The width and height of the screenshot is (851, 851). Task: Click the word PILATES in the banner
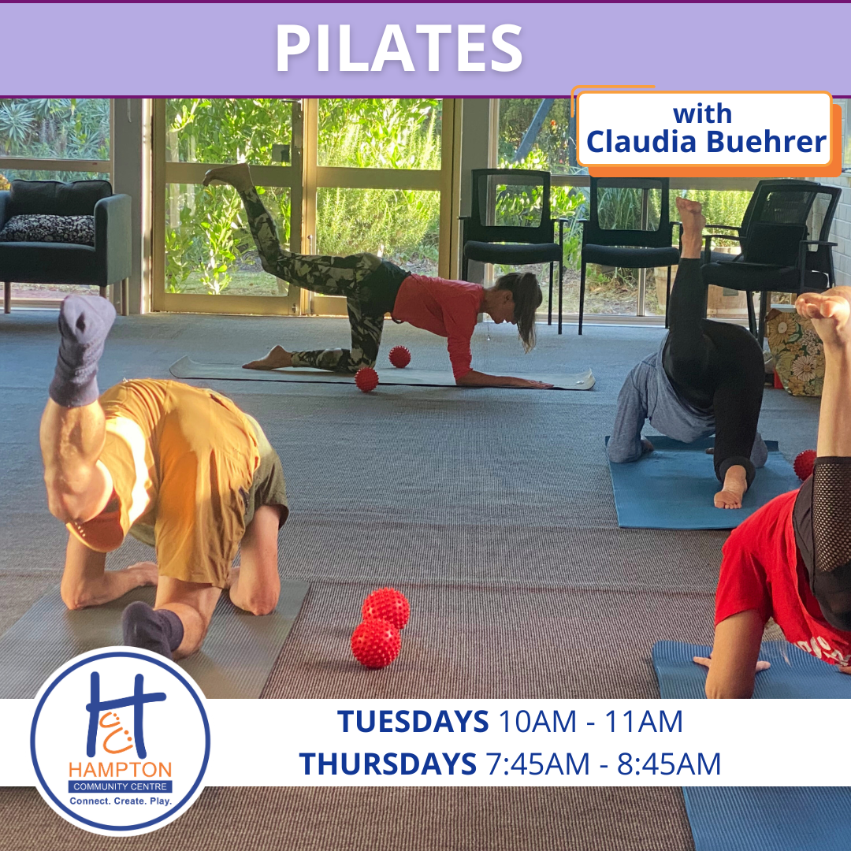pyautogui.click(x=399, y=48)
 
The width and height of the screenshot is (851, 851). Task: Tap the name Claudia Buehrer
pyautogui.click(x=706, y=142)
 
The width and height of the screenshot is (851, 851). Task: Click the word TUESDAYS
pyautogui.click(x=412, y=721)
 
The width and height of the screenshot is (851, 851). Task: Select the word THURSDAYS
pyautogui.click(x=388, y=764)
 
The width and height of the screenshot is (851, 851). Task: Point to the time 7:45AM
pyautogui.click(x=537, y=764)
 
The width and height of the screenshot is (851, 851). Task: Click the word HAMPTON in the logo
pyautogui.click(x=120, y=770)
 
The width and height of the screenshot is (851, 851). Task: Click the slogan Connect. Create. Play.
pyautogui.click(x=120, y=801)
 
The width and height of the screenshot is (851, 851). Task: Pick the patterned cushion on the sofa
pyautogui.click(x=49, y=229)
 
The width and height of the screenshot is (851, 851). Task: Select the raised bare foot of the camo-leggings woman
pyautogui.click(x=228, y=176)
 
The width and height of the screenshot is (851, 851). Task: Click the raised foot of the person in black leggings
pyautogui.click(x=690, y=226)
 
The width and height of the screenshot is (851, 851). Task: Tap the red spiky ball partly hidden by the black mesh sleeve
pyautogui.click(x=805, y=465)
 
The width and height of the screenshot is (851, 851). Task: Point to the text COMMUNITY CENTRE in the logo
pyautogui.click(x=120, y=786)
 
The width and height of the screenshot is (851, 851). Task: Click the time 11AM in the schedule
pyautogui.click(x=643, y=721)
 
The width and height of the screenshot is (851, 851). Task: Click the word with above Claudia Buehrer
pyautogui.click(x=702, y=114)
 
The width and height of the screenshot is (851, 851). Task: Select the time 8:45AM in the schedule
pyautogui.click(x=669, y=764)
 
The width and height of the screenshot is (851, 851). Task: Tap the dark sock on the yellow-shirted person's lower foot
pyautogui.click(x=152, y=630)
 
